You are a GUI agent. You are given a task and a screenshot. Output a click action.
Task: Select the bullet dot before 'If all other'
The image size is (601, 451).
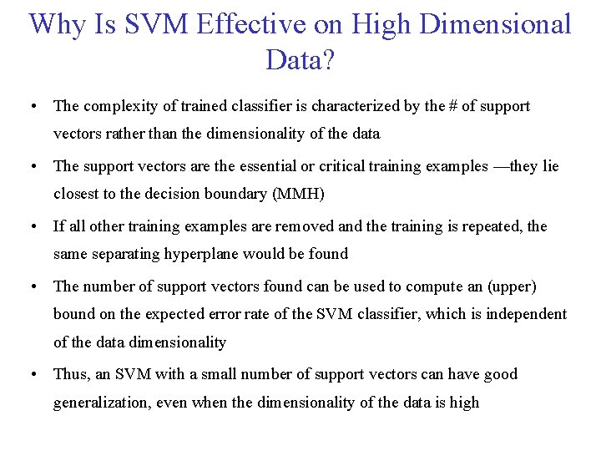tap(31, 226)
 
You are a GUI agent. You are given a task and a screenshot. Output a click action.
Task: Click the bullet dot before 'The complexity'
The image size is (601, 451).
tap(31, 106)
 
